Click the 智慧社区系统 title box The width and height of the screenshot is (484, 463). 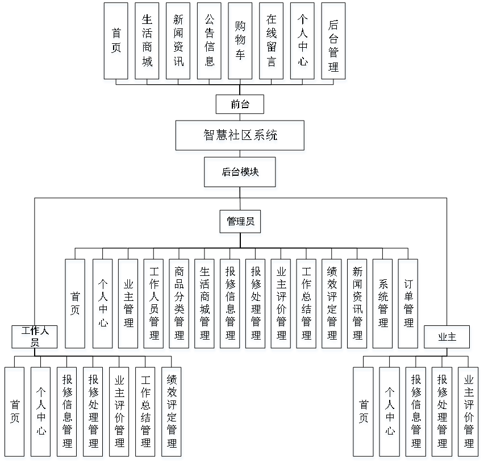pyautogui.click(x=240, y=137)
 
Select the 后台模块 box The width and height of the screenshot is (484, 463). pyautogui.click(x=241, y=174)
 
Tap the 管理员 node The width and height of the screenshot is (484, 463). pyautogui.click(x=241, y=223)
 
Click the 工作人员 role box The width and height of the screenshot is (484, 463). pyautogui.click(x=35, y=338)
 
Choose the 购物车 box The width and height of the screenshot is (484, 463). pyautogui.click(x=241, y=43)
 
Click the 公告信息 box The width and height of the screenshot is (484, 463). pyautogui.click(x=210, y=43)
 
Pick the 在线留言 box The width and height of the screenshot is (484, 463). pyautogui.click(x=272, y=43)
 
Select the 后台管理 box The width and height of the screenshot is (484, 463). pyautogui.click(x=334, y=43)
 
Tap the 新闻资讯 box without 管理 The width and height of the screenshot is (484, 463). pyautogui.click(x=179, y=43)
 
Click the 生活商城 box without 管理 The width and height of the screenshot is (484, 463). pyautogui.click(x=148, y=43)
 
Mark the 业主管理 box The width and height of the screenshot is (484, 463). pyautogui.click(x=128, y=305)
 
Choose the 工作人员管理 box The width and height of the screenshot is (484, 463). pyautogui.click(x=154, y=305)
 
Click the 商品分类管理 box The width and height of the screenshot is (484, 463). pyautogui.click(x=180, y=305)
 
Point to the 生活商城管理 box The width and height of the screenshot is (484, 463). pyautogui.click(x=205, y=305)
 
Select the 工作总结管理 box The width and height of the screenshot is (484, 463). pyautogui.click(x=307, y=305)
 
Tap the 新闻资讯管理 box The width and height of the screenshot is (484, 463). pyautogui.click(x=358, y=305)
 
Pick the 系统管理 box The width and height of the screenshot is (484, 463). pyautogui.click(x=383, y=305)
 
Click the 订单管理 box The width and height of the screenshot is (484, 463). pyautogui.click(x=408, y=305)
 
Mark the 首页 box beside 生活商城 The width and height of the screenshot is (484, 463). pyautogui.click(x=116, y=43)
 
